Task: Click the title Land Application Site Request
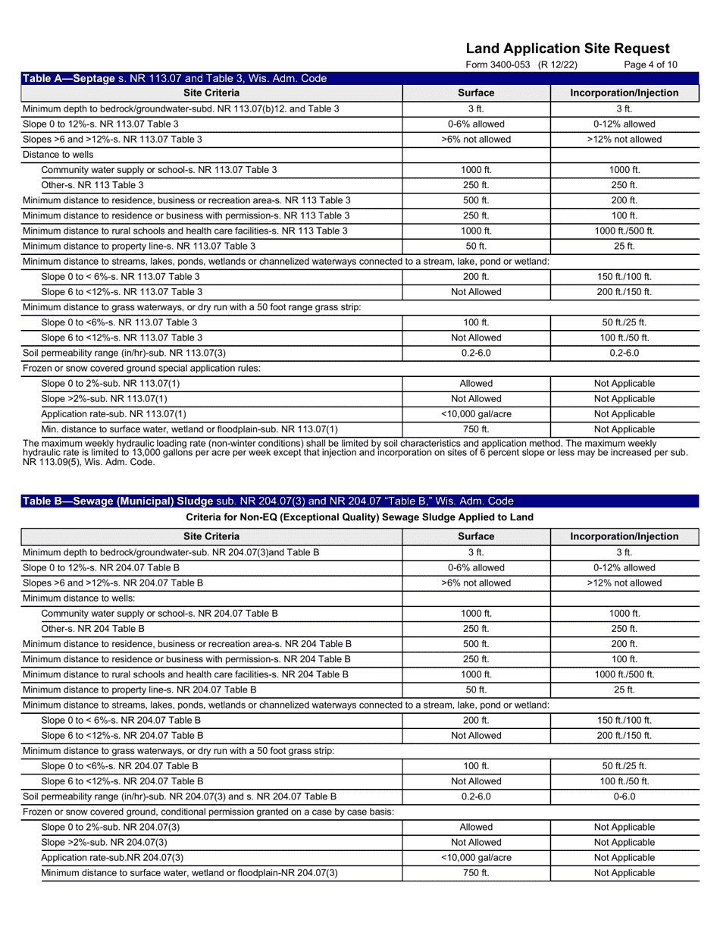tap(568, 49)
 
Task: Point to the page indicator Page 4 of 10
tap(650, 64)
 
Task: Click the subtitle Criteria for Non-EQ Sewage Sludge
tap(359, 517)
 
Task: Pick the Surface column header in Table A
tap(476, 93)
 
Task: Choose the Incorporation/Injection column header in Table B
tap(624, 536)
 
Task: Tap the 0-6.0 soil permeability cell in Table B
tap(624, 796)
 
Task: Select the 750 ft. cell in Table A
tap(476, 429)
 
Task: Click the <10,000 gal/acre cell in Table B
tap(476, 857)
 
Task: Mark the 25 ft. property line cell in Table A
tap(624, 246)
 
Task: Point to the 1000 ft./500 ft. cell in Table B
tap(624, 674)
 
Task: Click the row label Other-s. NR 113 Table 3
tap(92, 185)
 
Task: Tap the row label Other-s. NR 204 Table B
tap(92, 629)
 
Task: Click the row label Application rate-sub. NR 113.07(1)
tap(113, 414)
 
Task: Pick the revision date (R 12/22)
tap(557, 64)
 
